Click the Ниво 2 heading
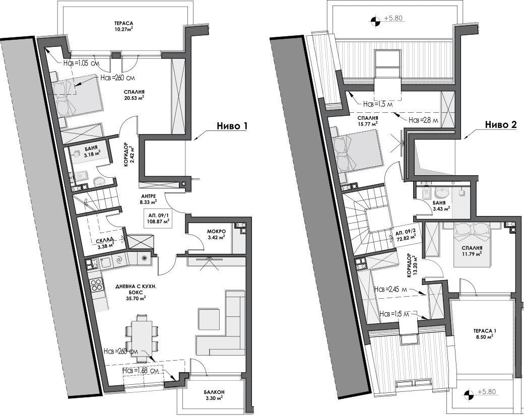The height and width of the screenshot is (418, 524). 501,124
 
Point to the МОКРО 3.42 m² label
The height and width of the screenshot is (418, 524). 216,234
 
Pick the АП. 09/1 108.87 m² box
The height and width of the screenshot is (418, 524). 157,218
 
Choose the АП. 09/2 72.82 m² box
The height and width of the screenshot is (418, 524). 406,236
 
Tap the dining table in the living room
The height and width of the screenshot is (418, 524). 142,337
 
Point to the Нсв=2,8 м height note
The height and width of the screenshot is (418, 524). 423,120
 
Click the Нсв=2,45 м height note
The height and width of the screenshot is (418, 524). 390,289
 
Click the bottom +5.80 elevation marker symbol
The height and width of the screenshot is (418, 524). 469,394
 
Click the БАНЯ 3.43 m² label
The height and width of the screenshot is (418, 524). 441,205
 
